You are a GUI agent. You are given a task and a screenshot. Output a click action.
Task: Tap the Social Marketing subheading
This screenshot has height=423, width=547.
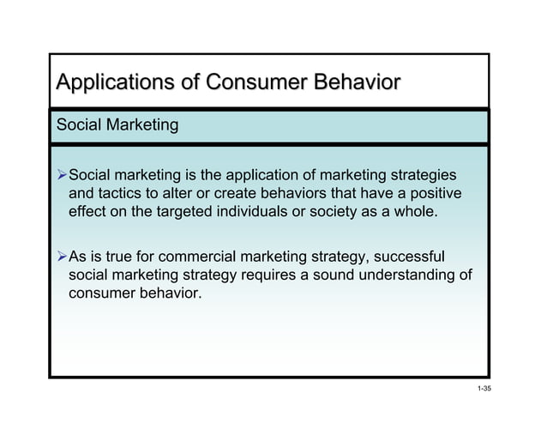pos(117,126)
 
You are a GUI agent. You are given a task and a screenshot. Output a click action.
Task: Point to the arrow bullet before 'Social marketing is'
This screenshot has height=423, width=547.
pos(60,176)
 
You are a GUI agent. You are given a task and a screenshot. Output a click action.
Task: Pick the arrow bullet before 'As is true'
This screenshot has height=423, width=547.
pos(60,256)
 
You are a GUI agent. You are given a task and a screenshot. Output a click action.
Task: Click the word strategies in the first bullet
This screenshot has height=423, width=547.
pos(422,175)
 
